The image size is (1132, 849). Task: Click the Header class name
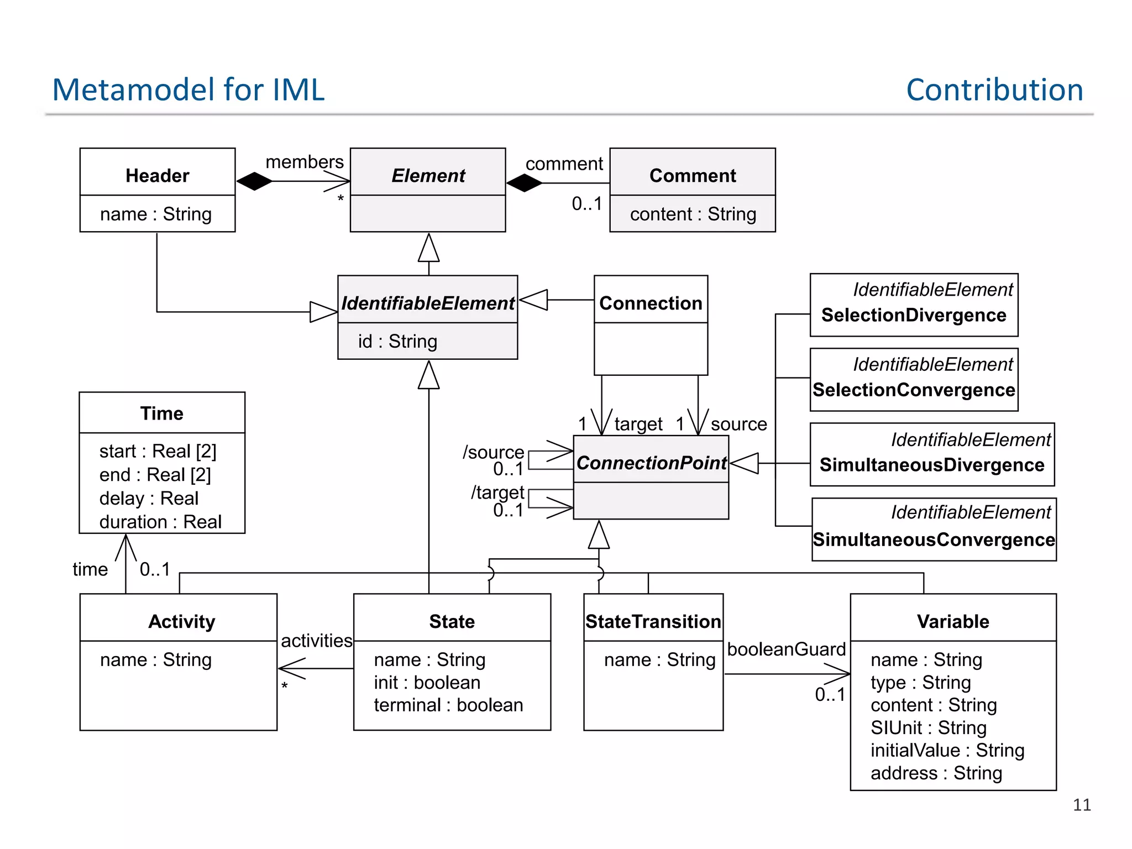(157, 176)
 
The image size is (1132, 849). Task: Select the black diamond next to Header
(254, 181)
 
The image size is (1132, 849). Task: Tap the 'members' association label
(305, 162)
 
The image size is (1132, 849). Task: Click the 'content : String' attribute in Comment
(693, 214)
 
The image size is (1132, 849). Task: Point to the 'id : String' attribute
(397, 342)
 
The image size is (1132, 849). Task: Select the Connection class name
(651, 303)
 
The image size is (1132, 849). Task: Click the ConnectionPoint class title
(651, 463)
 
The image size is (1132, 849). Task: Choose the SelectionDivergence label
(914, 315)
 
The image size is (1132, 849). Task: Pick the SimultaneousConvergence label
(934, 539)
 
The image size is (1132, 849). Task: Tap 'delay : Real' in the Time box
(149, 499)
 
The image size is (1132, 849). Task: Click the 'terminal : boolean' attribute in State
(448, 705)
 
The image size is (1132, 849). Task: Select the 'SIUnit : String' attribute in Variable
(929, 728)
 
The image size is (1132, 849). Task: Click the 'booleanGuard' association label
(786, 649)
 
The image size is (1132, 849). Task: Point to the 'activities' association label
(316, 641)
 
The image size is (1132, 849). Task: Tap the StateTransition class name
(653, 622)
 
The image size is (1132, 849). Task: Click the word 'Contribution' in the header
(994, 90)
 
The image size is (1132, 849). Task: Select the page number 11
(1082, 805)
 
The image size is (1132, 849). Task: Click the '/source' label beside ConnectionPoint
(493, 452)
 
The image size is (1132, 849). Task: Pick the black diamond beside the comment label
(524, 183)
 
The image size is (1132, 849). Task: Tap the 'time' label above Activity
(90, 569)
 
